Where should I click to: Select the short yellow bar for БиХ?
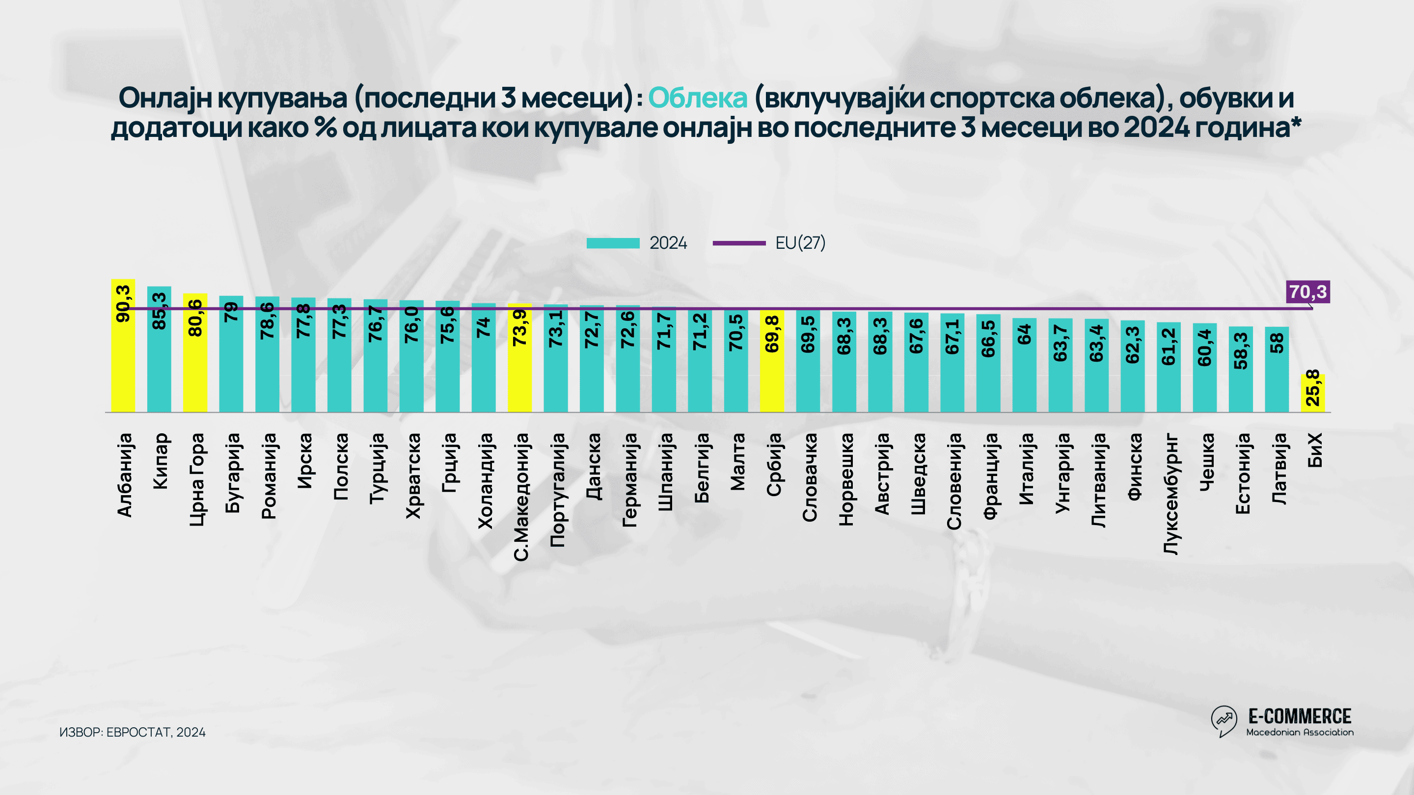pos(1312,393)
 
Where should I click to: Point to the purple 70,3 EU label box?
pos(1307,292)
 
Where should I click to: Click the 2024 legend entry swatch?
pos(613,243)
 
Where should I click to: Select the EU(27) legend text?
pos(800,243)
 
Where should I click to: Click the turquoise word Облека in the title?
pos(698,98)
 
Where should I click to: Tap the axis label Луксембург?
pos(1170,494)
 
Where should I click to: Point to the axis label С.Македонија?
pos(521,497)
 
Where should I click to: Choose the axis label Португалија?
pos(557,490)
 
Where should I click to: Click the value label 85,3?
pos(159,311)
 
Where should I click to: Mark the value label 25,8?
pos(1312,387)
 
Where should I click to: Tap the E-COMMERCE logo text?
pos(1299,716)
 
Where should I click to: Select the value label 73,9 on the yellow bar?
pos(520,327)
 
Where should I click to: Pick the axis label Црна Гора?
pos(196,479)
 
